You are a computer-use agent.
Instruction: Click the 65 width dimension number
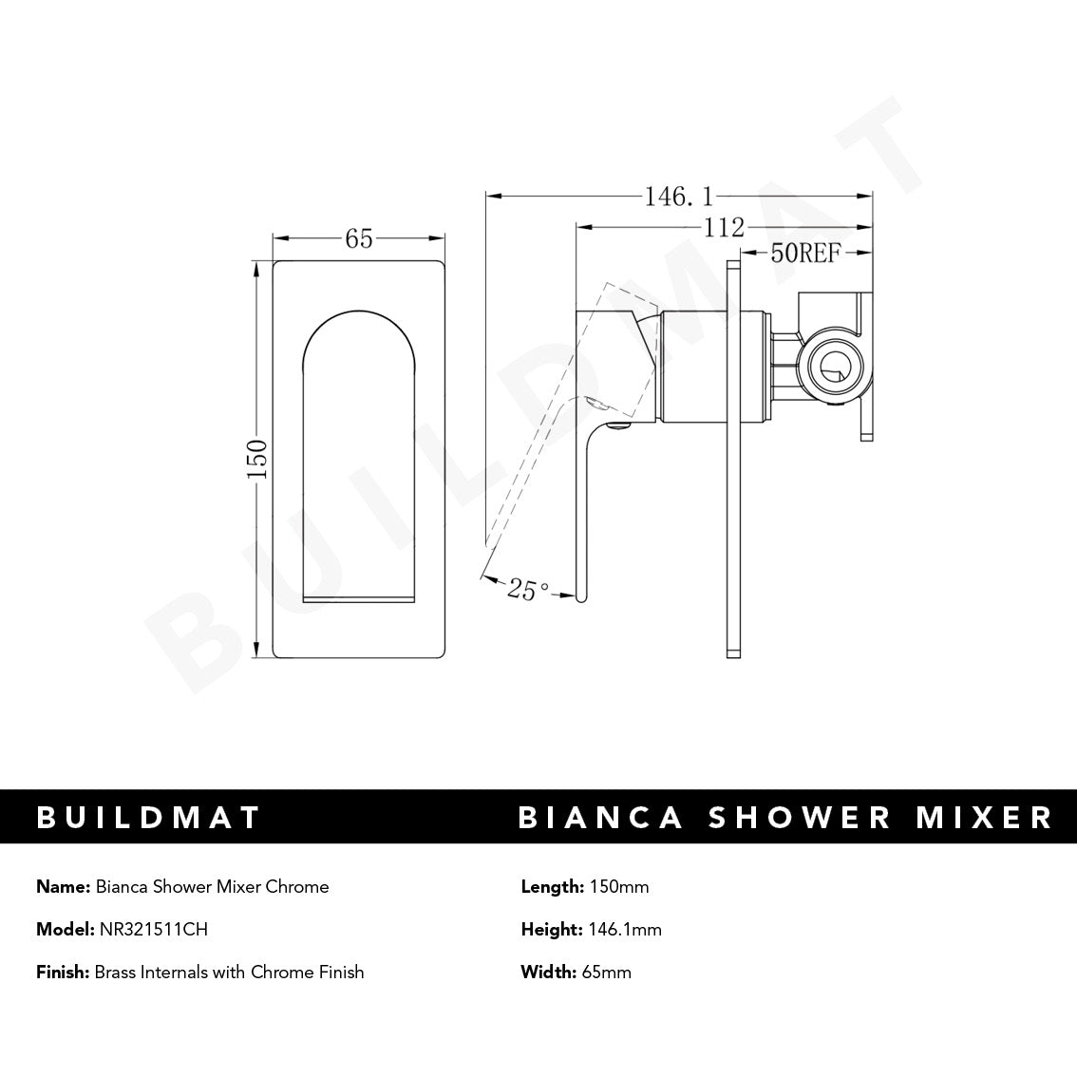(359, 239)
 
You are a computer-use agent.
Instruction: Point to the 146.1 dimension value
(678, 197)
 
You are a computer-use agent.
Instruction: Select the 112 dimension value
(724, 228)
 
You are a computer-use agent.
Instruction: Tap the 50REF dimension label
(805, 253)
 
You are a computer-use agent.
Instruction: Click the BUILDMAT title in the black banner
(148, 818)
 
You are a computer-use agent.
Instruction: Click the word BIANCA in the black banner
(600, 818)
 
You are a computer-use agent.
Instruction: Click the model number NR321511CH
(153, 930)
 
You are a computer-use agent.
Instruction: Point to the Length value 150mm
(618, 887)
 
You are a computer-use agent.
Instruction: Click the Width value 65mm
(606, 972)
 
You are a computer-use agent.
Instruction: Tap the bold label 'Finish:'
(62, 972)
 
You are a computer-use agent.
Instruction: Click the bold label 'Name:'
(63, 887)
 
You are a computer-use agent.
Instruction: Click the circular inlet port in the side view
(831, 366)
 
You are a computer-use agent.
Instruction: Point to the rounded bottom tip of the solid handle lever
(578, 596)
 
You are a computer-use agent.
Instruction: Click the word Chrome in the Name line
(299, 887)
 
